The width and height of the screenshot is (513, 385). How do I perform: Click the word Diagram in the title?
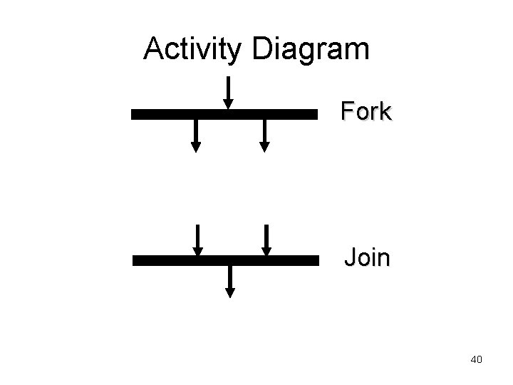pos(311,48)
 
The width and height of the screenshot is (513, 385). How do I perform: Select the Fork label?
pos(366,111)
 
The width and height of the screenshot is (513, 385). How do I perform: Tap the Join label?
pos(367,257)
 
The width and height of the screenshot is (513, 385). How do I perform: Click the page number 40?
pos(477,359)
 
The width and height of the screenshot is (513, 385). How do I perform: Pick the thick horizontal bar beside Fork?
pos(224,113)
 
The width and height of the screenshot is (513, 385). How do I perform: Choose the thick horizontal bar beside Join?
pos(225,260)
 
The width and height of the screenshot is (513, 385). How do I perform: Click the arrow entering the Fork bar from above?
pos(228,91)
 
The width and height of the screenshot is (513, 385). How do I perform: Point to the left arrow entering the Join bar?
pos(197,239)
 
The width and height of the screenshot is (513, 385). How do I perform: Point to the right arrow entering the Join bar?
pos(266,239)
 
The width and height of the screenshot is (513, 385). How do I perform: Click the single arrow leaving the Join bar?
pos(229,280)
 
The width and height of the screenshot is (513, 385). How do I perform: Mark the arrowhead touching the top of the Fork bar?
pos(228,104)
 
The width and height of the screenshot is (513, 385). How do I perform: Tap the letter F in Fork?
pos(347,111)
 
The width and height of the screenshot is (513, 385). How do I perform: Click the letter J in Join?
pos(349,257)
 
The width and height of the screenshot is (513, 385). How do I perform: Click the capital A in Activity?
pos(153,48)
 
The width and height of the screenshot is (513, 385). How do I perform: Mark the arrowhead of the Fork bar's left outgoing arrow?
pos(195,147)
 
